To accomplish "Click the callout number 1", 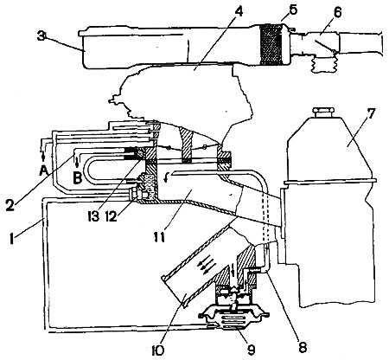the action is pos(12,239).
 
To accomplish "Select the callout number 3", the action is pos(41,37).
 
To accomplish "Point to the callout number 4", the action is pos(239,10).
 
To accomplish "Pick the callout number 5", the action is pos(291,10).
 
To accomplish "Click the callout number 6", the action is pos(337,12).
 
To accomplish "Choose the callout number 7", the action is pos(370,114).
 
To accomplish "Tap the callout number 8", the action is pos(303,347).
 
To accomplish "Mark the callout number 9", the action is pos(251,350).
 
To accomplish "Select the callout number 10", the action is pos(157,350).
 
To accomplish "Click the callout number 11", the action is pos(159,237).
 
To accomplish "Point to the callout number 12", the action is pos(112,215).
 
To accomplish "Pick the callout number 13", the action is pos(92,215).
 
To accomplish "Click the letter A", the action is pos(43,172).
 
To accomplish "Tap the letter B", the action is pos(77,178).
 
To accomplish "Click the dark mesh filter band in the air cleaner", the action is pos(271,44).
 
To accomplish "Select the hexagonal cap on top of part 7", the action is pos(323,112).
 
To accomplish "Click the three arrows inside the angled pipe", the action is pos(206,264).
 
